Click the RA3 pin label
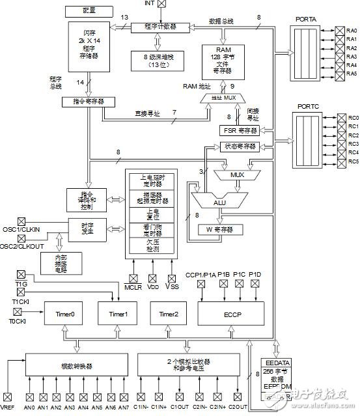coord(352,57)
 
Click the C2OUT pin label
coord(238,408)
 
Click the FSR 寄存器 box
coord(240,130)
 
